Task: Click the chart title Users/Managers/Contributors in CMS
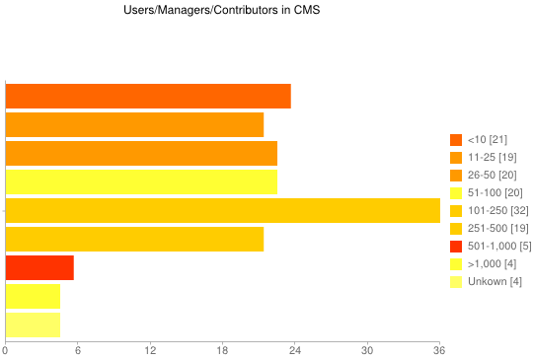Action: tap(207, 11)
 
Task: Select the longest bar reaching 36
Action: tap(222, 210)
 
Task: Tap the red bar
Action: tap(39, 267)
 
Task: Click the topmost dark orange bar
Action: tap(148, 96)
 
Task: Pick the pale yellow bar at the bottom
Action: tap(33, 324)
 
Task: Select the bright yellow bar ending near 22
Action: tap(141, 181)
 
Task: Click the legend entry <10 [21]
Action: tap(488, 139)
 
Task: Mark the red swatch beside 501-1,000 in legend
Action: tap(456, 246)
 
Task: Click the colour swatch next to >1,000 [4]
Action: tap(456, 263)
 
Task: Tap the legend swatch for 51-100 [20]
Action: tap(456, 192)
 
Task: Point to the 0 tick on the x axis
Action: tap(6, 350)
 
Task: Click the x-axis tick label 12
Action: tap(150, 350)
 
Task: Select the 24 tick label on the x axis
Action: tap(295, 350)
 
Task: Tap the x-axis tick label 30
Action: tap(367, 350)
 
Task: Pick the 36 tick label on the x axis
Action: tap(439, 350)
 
